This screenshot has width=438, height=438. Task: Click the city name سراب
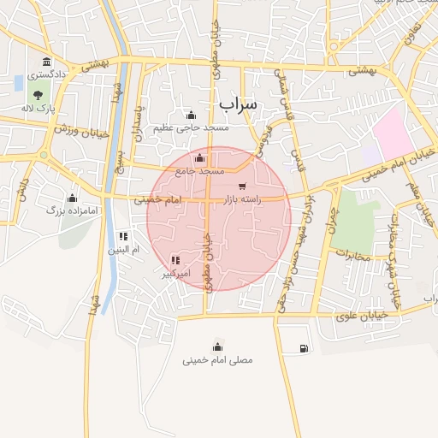237,104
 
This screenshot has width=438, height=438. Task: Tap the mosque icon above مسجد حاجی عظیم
191,115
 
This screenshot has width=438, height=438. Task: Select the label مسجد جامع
199,171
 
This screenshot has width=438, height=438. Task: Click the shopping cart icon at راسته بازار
243,186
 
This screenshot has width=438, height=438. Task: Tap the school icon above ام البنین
123,236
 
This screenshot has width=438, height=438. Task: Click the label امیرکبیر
175,274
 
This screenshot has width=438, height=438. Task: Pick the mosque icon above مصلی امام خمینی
217,346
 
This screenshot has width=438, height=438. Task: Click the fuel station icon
303,348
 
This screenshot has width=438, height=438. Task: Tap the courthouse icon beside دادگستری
44,62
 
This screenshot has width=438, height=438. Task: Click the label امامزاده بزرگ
68,210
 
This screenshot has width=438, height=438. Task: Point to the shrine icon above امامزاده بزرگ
72,198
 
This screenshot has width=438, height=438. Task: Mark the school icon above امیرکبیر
175,260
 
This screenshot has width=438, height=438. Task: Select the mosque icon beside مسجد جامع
199,158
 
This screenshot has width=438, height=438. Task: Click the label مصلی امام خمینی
217,360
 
